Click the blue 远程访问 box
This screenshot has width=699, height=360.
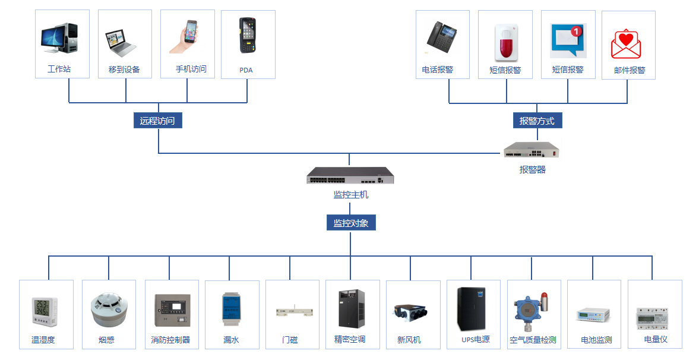(x=157, y=121)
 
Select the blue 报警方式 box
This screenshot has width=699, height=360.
(x=537, y=121)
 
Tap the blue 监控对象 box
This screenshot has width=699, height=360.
(x=351, y=223)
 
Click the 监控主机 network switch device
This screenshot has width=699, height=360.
(x=350, y=175)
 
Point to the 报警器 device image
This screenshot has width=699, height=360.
(x=532, y=150)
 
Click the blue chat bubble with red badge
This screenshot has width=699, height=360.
(x=567, y=39)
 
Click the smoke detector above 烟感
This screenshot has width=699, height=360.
(x=109, y=310)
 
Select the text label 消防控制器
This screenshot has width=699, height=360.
(x=171, y=340)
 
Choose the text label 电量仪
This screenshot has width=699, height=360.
(x=656, y=340)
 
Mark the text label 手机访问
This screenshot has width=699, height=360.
(x=191, y=69)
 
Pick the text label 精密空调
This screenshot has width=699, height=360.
(x=350, y=340)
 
